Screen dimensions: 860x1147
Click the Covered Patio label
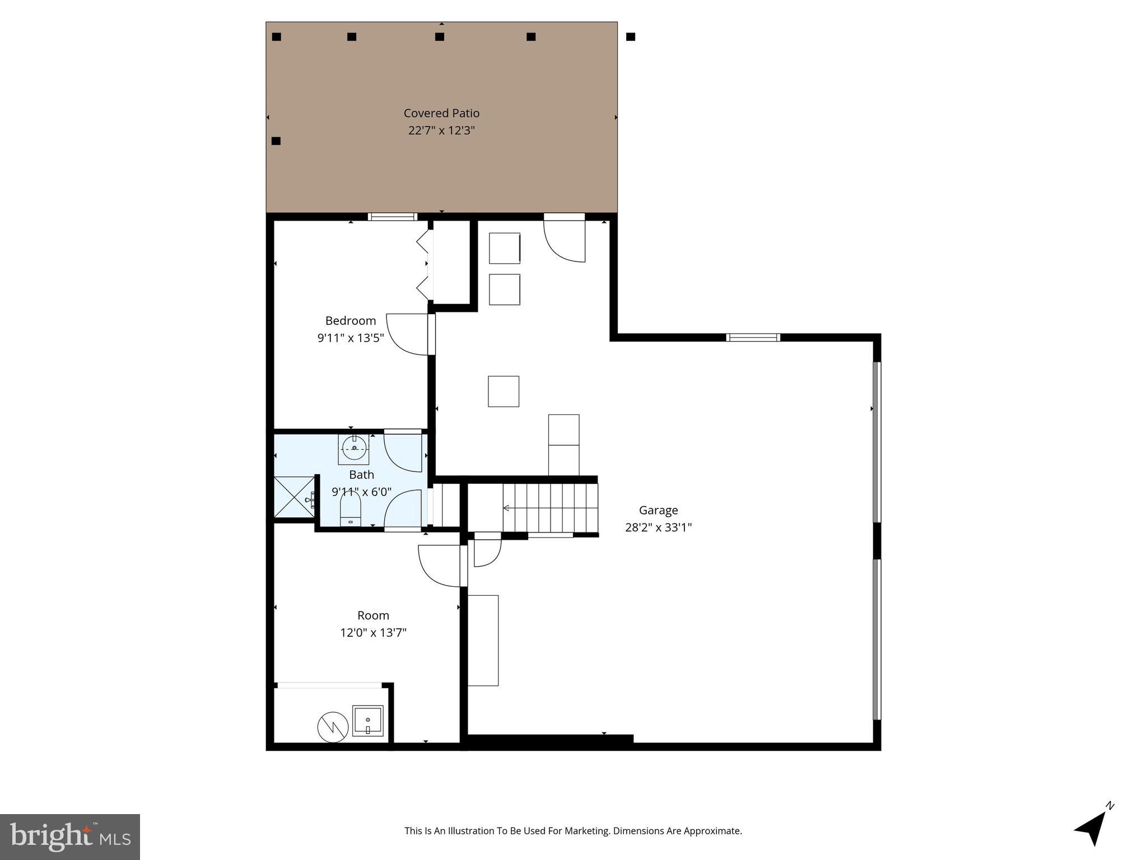coord(441,113)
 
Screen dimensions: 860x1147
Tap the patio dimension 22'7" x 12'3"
coord(441,130)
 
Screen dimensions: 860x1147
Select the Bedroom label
coord(351,321)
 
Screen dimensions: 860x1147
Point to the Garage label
coord(658,510)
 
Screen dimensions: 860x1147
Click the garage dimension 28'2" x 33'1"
coord(658,527)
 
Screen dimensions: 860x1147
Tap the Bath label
coord(361,475)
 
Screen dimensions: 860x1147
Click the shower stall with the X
coord(294,497)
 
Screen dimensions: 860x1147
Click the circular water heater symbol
coord(333,727)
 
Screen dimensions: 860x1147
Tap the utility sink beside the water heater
coord(367,721)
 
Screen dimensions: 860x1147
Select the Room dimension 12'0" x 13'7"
coord(373,633)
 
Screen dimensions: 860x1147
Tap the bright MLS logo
coord(70,836)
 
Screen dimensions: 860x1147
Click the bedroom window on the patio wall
coord(392,217)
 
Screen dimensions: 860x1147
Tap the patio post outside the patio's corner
coord(630,37)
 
